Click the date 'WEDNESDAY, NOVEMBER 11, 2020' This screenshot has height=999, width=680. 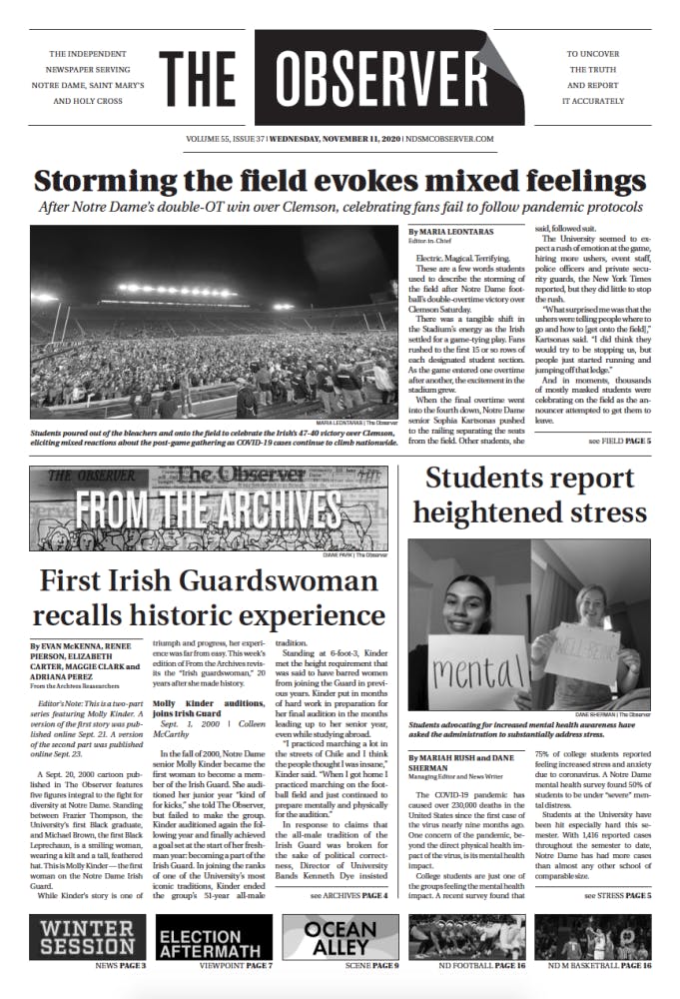pos(337,139)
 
